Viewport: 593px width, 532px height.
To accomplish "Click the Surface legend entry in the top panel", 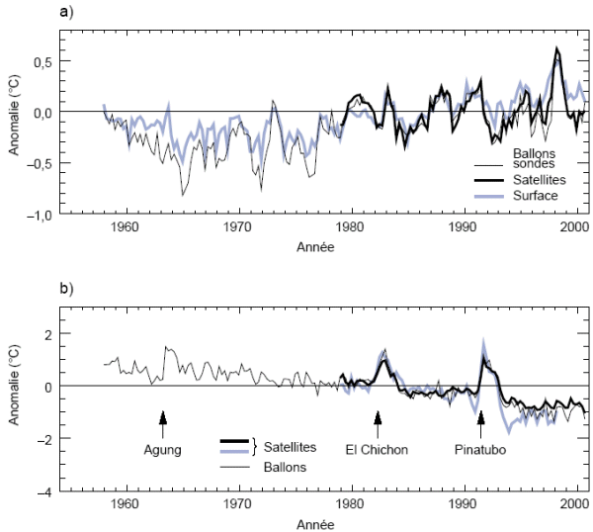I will click(536, 196).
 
